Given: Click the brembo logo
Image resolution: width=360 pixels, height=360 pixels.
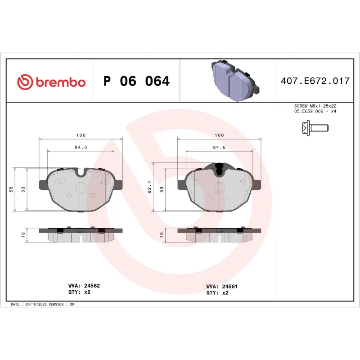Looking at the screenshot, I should (51, 82).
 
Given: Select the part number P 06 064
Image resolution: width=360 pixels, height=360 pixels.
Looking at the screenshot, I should (136, 81).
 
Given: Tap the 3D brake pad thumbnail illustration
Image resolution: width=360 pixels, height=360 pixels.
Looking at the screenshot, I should (233, 81).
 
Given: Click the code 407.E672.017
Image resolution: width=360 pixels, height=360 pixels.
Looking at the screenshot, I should (315, 81).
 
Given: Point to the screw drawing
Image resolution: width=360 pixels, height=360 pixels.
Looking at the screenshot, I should (314, 129).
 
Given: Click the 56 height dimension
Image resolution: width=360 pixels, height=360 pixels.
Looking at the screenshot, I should (11, 189).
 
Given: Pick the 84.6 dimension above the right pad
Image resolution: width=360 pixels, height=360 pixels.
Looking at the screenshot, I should (219, 147).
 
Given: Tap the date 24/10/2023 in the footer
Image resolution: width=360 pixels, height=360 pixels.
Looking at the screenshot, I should (37, 304).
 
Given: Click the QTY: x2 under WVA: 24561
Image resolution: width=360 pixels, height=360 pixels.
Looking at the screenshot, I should (217, 292).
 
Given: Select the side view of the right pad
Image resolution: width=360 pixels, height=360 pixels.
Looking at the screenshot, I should (219, 233).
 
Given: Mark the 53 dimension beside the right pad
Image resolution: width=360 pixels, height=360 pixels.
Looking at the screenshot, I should (162, 189).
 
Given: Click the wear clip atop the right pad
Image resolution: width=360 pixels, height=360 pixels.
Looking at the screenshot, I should (219, 169).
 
